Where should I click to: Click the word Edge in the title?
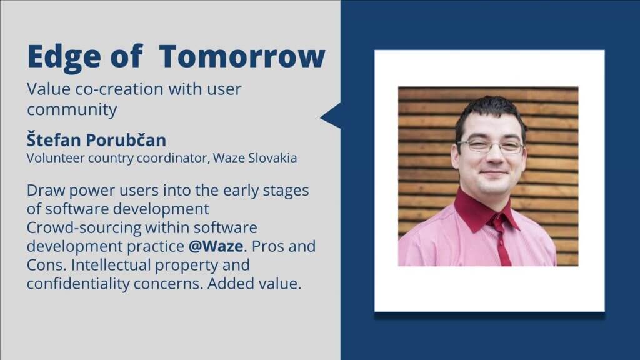[x=64, y=57]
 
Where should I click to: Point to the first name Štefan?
[x=54, y=139]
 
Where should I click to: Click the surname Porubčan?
[x=126, y=139]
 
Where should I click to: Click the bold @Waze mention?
[x=216, y=246]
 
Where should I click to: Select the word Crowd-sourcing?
[x=83, y=227]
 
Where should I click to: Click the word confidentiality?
[x=78, y=284]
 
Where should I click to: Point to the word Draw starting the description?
[x=46, y=191]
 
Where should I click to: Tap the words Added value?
[x=254, y=284]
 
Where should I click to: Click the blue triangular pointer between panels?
[x=331, y=116]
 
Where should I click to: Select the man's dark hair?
[x=491, y=114]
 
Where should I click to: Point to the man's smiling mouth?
[x=494, y=173]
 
